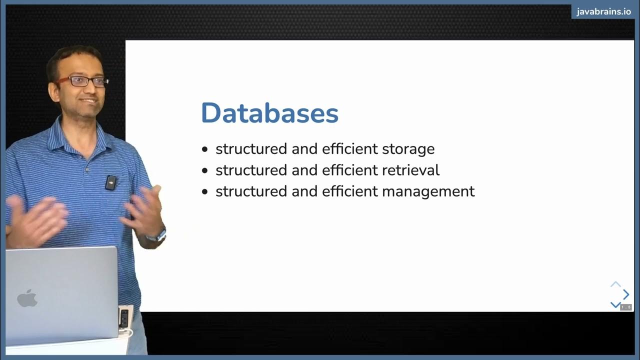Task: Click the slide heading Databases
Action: click(x=269, y=113)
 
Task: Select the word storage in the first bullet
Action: click(x=408, y=149)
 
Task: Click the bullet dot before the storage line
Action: click(x=204, y=149)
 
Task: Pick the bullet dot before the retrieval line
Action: click(x=204, y=170)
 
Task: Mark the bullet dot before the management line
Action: click(x=204, y=192)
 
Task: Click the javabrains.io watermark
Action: click(x=603, y=12)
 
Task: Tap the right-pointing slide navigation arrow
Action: click(x=626, y=294)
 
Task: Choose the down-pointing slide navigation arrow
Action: click(x=615, y=304)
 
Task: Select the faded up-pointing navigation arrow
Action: click(x=615, y=284)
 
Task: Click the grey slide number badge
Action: click(x=626, y=307)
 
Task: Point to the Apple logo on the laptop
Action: click(x=27, y=298)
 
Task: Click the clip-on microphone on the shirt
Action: click(x=111, y=183)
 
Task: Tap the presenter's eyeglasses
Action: click(x=82, y=81)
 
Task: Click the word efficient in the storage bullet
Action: click(x=349, y=149)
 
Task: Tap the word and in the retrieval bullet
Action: click(x=305, y=170)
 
